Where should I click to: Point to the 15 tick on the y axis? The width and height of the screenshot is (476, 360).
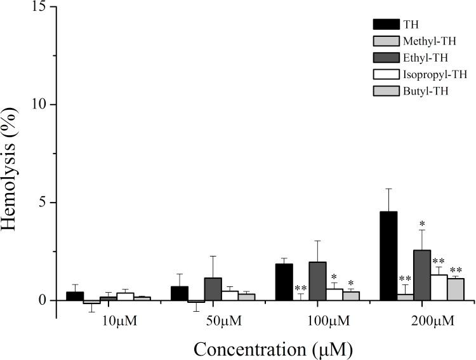pyautogui.click(x=40, y=7)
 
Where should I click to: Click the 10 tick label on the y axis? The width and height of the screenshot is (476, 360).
pyautogui.click(x=40, y=105)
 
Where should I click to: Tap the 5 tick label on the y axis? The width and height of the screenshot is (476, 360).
pyautogui.click(x=44, y=203)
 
